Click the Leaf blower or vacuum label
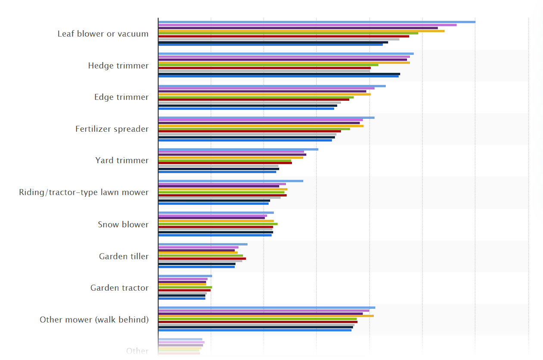103,34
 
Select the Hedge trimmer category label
118,66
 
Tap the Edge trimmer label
121,97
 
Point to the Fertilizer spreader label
112,129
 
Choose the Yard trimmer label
122,161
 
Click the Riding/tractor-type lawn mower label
84,192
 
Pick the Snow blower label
123,224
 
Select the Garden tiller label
124,257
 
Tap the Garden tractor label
119,288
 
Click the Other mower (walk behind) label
94,320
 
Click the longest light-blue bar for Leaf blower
316,22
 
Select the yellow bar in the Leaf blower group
301,31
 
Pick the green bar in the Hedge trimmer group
268,65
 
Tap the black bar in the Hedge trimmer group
279,74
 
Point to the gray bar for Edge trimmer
250,102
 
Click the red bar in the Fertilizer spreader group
250,131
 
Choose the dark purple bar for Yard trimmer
233,155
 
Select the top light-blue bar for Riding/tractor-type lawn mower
231,181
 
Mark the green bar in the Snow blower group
218,224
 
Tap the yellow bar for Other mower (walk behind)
266,316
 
